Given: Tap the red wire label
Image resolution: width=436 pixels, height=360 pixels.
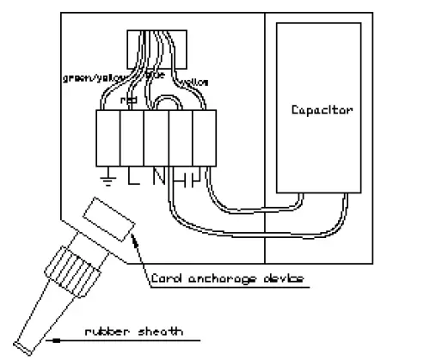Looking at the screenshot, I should click(x=130, y=99).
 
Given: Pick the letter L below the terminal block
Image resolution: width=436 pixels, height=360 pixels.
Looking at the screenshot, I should click(x=132, y=178).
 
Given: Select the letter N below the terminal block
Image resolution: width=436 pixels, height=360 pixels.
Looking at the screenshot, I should click(x=158, y=178).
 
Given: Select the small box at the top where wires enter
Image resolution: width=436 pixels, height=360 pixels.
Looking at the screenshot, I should click(x=151, y=48).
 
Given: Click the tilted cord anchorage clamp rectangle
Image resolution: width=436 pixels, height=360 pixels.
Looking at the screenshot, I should click(x=111, y=220).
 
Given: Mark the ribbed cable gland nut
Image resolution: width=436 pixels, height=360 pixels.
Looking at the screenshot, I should click(x=76, y=262).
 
